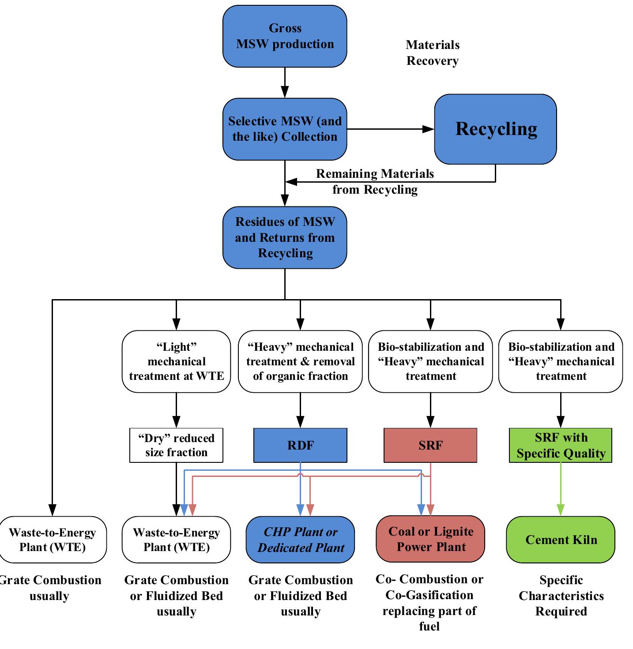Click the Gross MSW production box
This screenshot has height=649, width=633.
(x=285, y=36)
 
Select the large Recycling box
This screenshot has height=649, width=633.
(x=495, y=129)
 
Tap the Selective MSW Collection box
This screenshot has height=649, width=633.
(x=285, y=129)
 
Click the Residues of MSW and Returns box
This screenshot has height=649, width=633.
(x=285, y=237)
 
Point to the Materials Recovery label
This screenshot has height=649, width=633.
(x=432, y=53)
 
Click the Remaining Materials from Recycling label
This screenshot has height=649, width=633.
(x=375, y=181)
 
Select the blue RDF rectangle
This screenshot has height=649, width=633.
(x=300, y=445)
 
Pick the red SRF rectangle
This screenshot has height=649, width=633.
(x=430, y=445)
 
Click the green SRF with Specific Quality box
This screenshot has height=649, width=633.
(x=561, y=445)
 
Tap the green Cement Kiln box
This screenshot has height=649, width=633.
(x=561, y=540)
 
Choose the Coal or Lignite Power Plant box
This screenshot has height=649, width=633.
(x=430, y=539)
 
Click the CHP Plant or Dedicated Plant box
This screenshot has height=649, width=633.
(x=300, y=540)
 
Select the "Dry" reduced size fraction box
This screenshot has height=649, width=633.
(x=176, y=445)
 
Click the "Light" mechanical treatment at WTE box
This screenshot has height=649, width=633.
(x=176, y=361)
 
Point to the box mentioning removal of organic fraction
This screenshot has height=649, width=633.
(x=300, y=361)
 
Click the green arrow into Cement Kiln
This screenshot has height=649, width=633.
(x=561, y=490)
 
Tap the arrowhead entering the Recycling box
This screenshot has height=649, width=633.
(x=429, y=129)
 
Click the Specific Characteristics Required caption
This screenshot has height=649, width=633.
(x=561, y=596)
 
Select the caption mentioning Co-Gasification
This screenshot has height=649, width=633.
(x=430, y=602)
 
